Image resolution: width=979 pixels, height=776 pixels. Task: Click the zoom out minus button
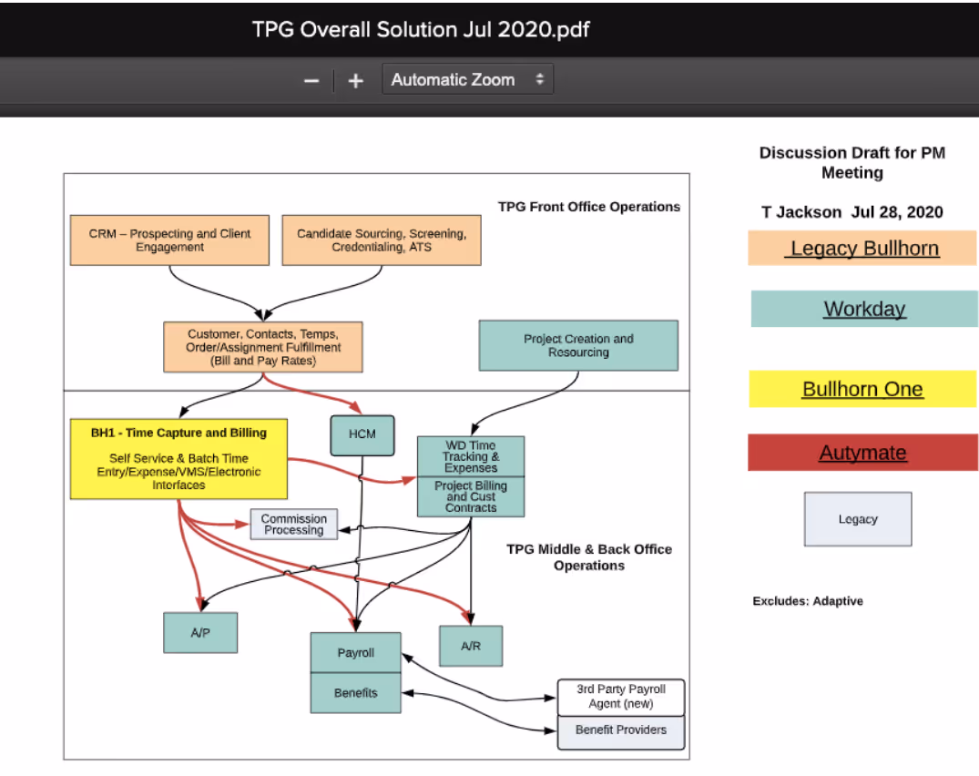(311, 80)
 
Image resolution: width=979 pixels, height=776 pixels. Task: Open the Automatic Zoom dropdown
(467, 79)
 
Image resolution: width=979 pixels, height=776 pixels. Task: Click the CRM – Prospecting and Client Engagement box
(169, 240)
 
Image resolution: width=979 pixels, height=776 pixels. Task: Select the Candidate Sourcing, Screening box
(382, 240)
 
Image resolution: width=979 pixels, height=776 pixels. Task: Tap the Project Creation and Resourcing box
(578, 345)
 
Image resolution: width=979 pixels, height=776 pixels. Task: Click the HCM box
(362, 434)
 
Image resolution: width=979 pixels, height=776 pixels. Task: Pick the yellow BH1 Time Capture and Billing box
(178, 458)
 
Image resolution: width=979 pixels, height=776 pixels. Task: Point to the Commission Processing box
(293, 524)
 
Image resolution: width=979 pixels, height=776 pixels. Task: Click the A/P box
(200, 632)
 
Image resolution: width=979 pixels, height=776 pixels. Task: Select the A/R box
(470, 646)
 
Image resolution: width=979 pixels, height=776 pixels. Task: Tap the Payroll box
(355, 653)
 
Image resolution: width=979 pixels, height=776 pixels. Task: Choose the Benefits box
(355, 692)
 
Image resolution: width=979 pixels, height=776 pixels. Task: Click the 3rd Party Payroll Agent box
(621, 697)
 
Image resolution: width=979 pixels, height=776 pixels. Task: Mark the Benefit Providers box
(621, 731)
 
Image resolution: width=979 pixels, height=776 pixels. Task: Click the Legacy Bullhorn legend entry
(862, 248)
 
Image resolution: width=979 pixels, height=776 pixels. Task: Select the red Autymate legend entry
(862, 453)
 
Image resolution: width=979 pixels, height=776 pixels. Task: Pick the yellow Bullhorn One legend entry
(862, 389)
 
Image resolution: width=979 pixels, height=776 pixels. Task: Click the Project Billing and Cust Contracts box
(471, 496)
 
